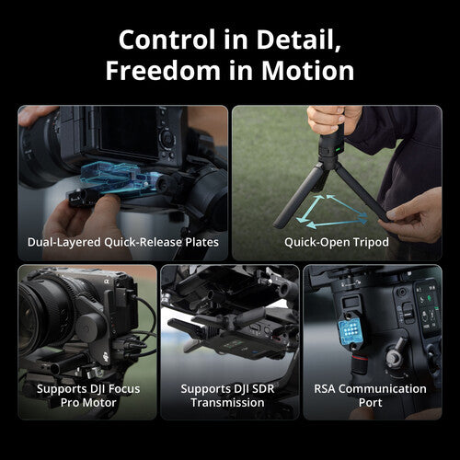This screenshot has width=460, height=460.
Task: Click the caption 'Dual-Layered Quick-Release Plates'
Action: (x=122, y=242)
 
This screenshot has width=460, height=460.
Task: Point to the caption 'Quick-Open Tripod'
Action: (x=337, y=242)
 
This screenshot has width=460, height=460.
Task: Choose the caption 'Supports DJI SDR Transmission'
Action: (x=229, y=396)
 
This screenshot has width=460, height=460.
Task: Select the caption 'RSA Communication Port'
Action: (x=372, y=396)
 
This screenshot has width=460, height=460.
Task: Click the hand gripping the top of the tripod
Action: (x=331, y=119)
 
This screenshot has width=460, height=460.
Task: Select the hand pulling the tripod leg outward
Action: (x=413, y=217)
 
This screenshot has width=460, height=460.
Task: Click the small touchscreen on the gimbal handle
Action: (x=426, y=297)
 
